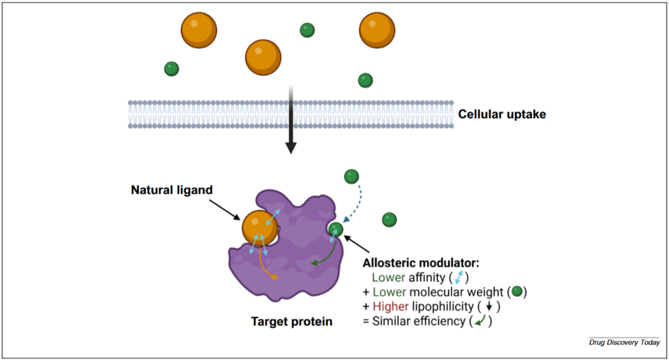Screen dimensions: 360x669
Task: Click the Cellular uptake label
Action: [502, 114]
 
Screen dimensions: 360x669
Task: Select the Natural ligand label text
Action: [172, 190]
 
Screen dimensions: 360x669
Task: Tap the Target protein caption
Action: [292, 322]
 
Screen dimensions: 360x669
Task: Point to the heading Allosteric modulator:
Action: [421, 263]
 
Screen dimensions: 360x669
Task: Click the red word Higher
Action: [391, 306]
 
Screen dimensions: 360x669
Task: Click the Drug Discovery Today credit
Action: [624, 343]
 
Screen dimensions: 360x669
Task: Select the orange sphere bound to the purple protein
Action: [260, 228]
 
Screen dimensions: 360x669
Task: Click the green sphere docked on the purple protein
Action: [336, 230]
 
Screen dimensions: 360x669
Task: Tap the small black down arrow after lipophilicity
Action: [489, 307]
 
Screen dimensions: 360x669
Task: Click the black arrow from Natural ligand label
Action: [227, 210]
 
